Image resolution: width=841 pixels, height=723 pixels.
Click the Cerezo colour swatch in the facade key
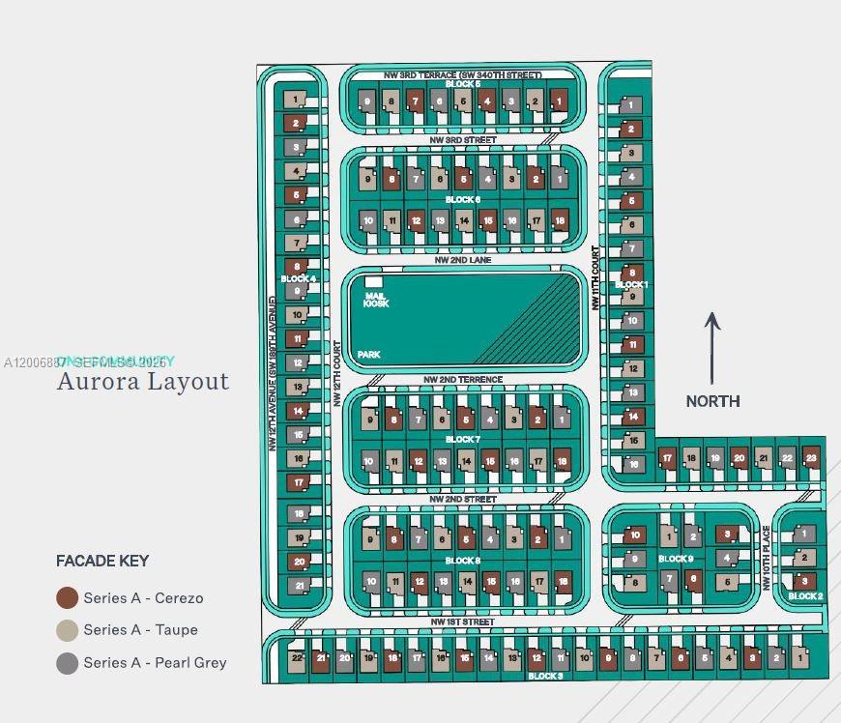click(67, 597)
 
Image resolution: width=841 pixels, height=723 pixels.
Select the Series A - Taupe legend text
click(140, 629)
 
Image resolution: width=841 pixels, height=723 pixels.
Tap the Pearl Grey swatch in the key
click(67, 662)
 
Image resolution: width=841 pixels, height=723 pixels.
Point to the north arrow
click(712, 348)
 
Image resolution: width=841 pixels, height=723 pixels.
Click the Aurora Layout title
click(143, 381)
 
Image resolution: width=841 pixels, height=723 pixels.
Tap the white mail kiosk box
click(373, 281)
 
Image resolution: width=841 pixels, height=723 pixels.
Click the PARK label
click(368, 355)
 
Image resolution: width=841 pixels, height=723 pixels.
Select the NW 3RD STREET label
click(463, 140)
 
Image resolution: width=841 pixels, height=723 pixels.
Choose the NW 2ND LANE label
click(462, 260)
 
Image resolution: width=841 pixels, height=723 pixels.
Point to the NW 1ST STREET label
click(462, 622)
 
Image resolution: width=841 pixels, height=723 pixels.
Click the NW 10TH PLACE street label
click(767, 558)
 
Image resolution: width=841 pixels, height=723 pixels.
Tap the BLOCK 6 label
click(462, 200)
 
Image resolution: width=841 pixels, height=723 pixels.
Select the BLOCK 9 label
click(676, 559)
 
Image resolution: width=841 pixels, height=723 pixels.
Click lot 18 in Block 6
click(560, 220)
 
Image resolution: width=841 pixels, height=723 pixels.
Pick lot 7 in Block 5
click(415, 101)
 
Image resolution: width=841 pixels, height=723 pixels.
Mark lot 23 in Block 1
click(811, 458)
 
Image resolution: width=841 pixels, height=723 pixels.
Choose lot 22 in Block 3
click(298, 658)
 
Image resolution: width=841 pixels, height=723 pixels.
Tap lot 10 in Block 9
click(635, 535)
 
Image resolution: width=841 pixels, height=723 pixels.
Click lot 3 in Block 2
click(804, 581)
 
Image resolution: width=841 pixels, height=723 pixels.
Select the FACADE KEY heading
click(102, 561)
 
